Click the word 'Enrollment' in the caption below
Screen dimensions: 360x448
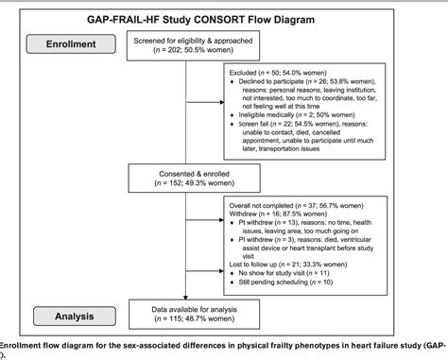point(22,347)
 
